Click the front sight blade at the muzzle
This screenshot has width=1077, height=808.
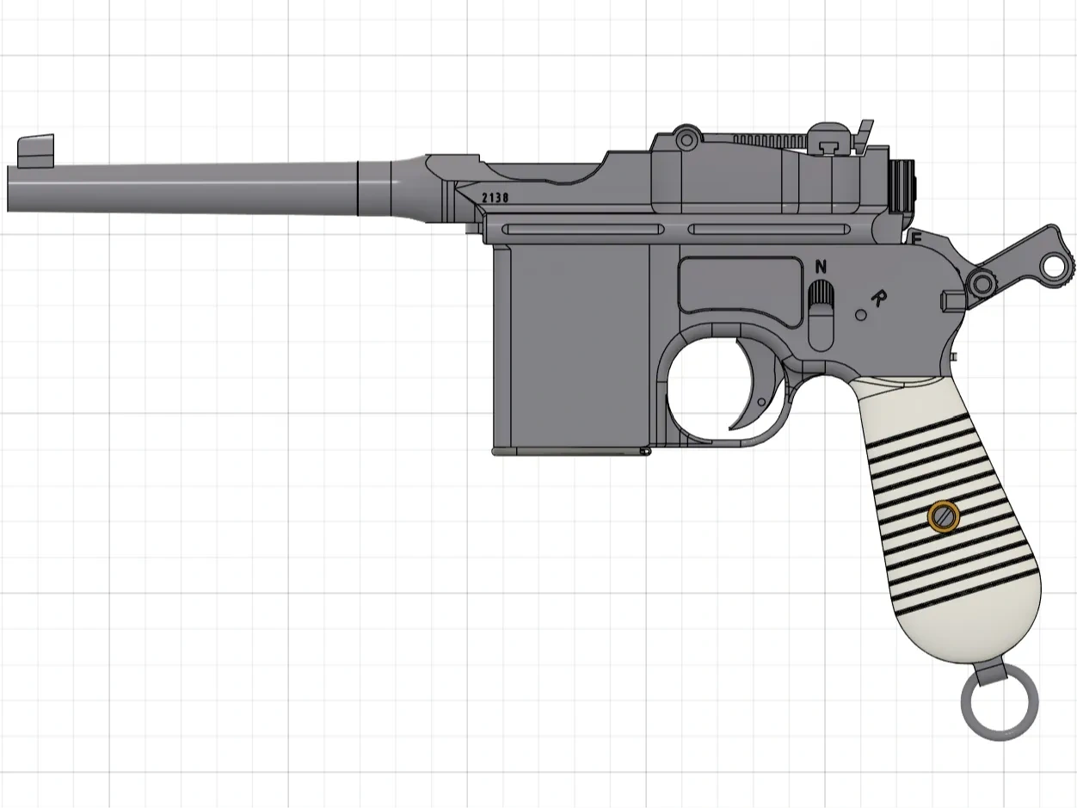click(35, 150)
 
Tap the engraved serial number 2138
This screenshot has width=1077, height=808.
click(495, 198)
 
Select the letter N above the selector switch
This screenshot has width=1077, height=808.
click(820, 265)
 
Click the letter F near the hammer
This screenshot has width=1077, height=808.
click(916, 237)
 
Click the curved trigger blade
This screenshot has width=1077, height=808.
click(751, 387)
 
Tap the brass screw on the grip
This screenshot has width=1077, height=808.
click(943, 516)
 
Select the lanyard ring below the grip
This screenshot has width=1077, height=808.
click(1000, 708)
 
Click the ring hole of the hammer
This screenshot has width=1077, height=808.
click(1053, 264)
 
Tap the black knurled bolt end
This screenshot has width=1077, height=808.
click(903, 186)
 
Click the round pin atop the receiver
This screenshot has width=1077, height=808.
click(686, 138)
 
